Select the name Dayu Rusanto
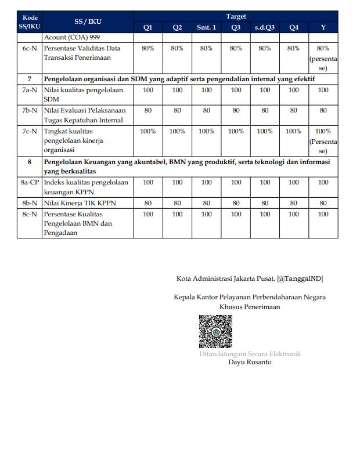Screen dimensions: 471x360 pyautogui.click(x=250, y=363)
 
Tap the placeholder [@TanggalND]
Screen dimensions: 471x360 pyautogui.click(x=300, y=279)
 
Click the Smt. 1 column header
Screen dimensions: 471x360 pyautogui.click(x=206, y=27)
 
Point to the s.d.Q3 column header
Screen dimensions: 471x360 pyautogui.click(x=265, y=27)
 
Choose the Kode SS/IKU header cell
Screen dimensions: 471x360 pyautogui.click(x=29, y=22)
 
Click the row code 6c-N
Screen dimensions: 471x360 pyautogui.click(x=29, y=48)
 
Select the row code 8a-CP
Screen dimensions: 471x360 pyautogui.click(x=29, y=182)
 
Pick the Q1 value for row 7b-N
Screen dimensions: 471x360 pyautogui.click(x=148, y=110)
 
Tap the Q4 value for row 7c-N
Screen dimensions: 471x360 pyautogui.click(x=294, y=131)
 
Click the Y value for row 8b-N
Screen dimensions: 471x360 pyautogui.click(x=323, y=203)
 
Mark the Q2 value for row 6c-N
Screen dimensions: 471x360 pyautogui.click(x=177, y=48)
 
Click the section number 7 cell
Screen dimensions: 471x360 pyautogui.click(x=29, y=78)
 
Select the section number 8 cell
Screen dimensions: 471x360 pyautogui.click(x=29, y=162)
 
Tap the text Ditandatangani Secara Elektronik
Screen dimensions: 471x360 pyautogui.click(x=250, y=354)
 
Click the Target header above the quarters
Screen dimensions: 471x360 pyautogui.click(x=235, y=17)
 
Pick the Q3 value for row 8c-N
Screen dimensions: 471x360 pyautogui.click(x=236, y=214)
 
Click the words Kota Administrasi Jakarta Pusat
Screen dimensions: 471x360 pyautogui.click(x=225, y=279)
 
